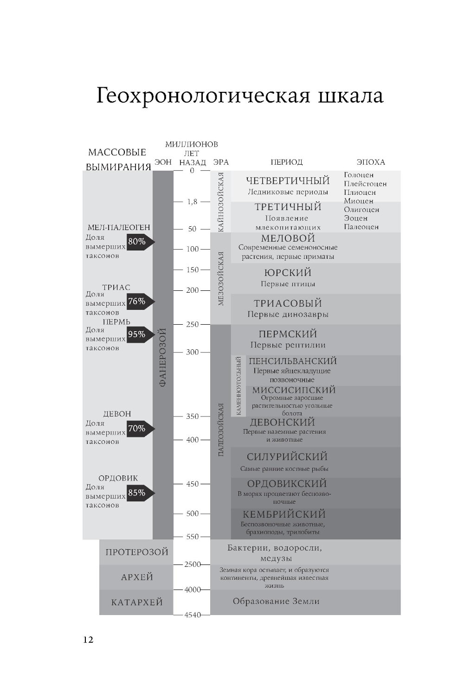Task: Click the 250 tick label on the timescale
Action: point(193,324)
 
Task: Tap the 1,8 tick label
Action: point(193,202)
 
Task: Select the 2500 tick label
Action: point(193,564)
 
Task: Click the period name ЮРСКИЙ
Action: point(288,273)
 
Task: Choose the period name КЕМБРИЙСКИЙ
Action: point(284,514)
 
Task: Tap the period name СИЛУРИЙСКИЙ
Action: point(287,457)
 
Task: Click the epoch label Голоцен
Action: point(359,175)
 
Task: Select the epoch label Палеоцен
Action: point(361,227)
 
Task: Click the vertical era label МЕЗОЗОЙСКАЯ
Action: point(221,279)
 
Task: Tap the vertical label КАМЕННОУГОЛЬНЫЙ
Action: point(238,386)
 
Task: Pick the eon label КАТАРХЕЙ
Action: point(137,602)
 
